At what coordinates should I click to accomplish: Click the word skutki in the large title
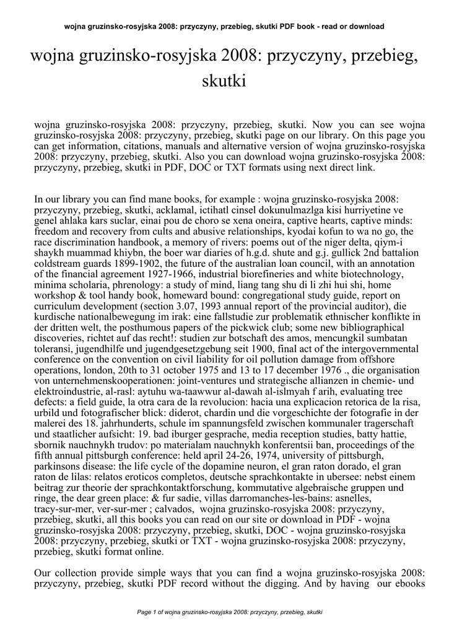click(225, 80)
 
